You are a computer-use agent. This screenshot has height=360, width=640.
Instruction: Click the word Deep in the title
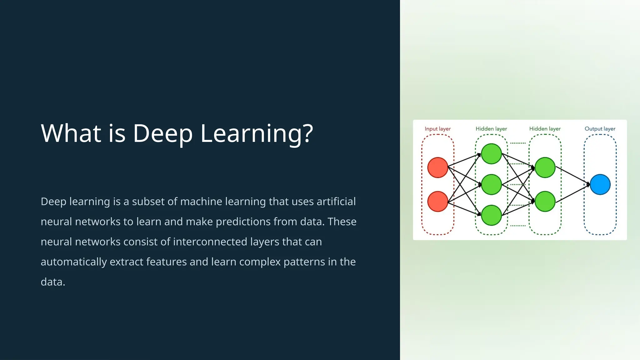click(x=162, y=134)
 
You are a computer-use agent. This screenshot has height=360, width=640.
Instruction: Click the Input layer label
click(x=437, y=129)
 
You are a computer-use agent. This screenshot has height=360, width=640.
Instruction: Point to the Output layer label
click(x=600, y=129)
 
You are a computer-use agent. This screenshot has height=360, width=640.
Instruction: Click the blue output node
click(x=600, y=184)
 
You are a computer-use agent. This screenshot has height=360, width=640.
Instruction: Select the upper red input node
click(x=437, y=167)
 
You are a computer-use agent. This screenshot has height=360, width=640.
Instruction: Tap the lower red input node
click(x=437, y=202)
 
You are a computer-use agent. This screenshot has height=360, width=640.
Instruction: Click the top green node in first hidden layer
click(x=491, y=154)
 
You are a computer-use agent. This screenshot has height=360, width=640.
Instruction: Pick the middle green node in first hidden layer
click(x=491, y=184)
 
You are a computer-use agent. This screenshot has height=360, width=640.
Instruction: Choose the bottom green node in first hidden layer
click(x=491, y=215)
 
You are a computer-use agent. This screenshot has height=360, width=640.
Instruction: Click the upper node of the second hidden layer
click(x=545, y=167)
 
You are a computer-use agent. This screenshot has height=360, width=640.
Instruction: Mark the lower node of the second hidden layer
click(x=545, y=202)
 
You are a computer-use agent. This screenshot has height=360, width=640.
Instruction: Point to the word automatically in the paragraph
click(x=74, y=262)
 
